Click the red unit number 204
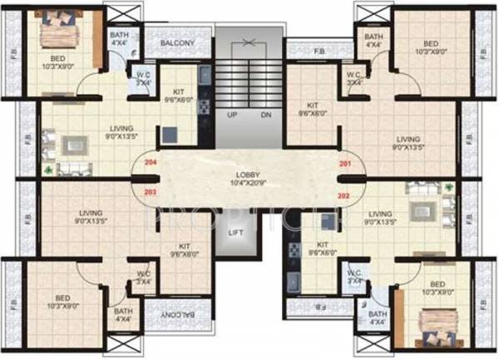click(x=151, y=163)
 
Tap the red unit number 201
click(x=345, y=163)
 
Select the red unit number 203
click(x=151, y=192)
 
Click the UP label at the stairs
click(x=232, y=114)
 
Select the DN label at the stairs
click(x=266, y=114)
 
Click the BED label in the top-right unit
click(x=430, y=44)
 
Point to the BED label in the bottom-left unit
click(x=63, y=298)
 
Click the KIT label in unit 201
click(x=312, y=105)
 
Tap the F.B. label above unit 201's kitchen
click(x=319, y=52)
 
